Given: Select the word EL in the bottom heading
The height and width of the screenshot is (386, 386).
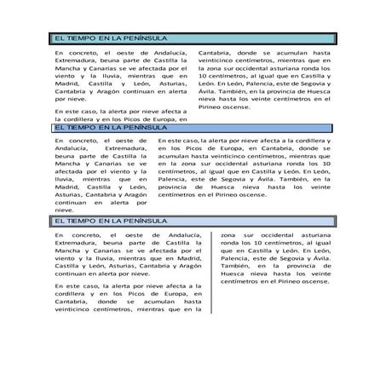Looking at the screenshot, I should click(x=59, y=221).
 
